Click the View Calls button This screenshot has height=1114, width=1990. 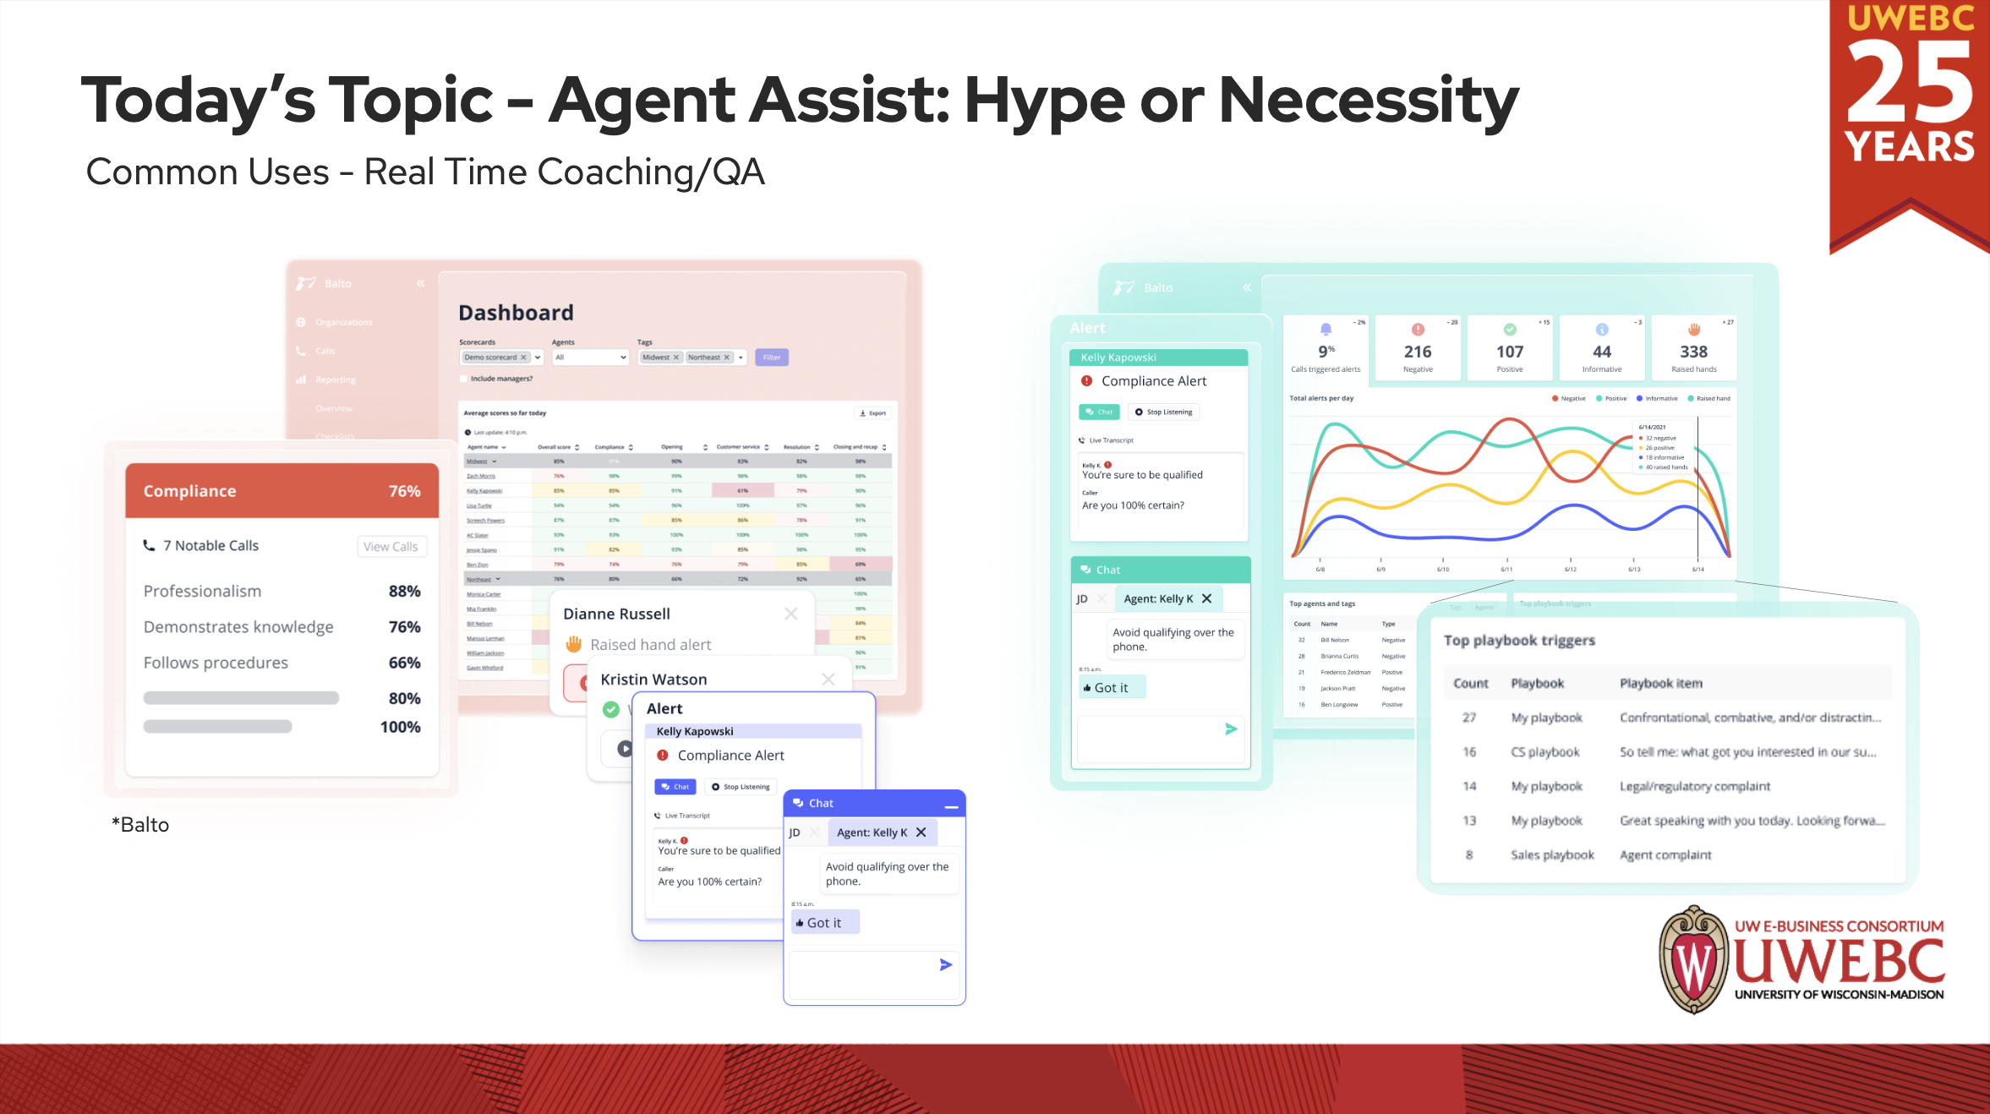point(391,547)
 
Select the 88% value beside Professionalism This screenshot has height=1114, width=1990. point(404,592)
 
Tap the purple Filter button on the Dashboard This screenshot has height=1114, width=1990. point(771,358)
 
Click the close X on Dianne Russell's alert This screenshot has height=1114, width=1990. point(790,614)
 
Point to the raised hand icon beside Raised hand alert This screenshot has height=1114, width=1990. point(574,644)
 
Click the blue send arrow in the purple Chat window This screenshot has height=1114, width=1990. point(946,964)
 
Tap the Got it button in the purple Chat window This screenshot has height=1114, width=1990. point(824,923)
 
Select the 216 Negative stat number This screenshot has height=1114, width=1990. point(1418,352)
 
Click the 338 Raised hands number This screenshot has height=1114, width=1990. point(1693,352)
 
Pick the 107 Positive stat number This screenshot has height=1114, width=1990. point(1510,352)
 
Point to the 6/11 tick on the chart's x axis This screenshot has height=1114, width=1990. point(1506,569)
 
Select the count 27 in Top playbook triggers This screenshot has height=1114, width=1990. point(1469,718)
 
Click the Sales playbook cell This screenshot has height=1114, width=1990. point(1552,855)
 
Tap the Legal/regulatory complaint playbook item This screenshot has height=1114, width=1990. point(1694,787)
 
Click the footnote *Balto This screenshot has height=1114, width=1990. point(141,825)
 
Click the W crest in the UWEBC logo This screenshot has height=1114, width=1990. point(1693,959)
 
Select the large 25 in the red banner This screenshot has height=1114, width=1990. point(1910,84)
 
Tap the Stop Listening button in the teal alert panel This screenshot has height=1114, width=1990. point(1163,412)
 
